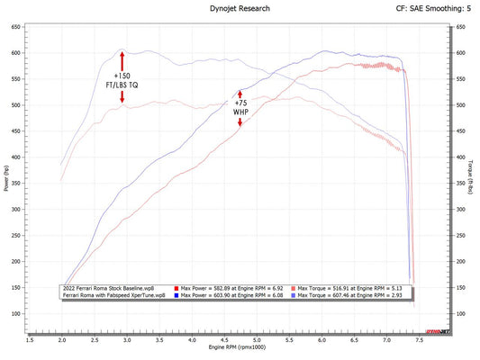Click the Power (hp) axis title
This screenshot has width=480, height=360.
point(6,177)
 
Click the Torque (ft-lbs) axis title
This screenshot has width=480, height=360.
point(473,177)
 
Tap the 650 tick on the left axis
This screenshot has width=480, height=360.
point(17,27)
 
